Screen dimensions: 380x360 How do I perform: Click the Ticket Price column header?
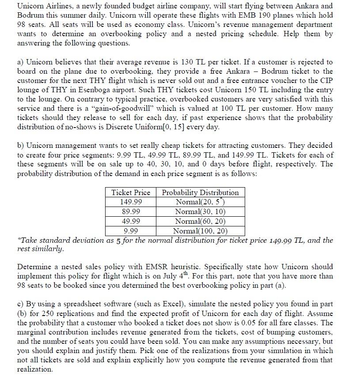(131, 192)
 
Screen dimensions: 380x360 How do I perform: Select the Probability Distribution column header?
(201, 192)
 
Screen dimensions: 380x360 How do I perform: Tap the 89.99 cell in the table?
(131, 211)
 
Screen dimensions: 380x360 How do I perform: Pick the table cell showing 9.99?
(131, 230)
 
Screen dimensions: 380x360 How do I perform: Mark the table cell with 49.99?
(131, 221)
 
